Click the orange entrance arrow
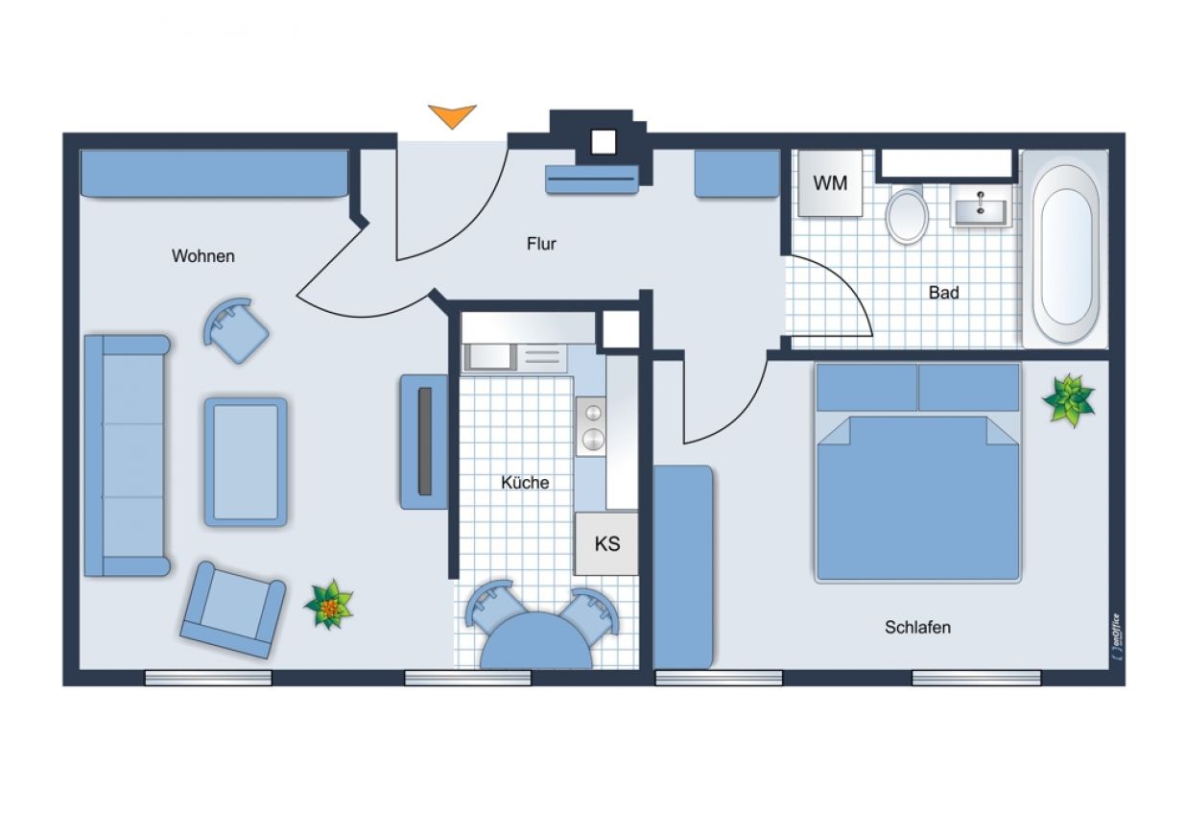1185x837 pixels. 452,115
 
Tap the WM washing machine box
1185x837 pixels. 830,183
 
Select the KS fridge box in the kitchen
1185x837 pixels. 606,543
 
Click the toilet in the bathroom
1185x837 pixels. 908,214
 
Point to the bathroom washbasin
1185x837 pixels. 981,205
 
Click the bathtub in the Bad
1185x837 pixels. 1065,249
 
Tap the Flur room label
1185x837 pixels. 541,244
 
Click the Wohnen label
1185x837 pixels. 203,256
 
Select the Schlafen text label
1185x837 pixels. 918,628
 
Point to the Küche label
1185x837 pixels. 525,483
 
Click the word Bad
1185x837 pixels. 944,293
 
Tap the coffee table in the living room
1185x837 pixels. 246,462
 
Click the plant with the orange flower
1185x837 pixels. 329,606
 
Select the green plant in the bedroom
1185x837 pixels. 1069,400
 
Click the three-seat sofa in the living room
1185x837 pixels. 127,455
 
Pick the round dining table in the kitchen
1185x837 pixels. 536,641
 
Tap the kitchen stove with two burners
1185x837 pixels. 591,426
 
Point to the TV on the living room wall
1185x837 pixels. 425,442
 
